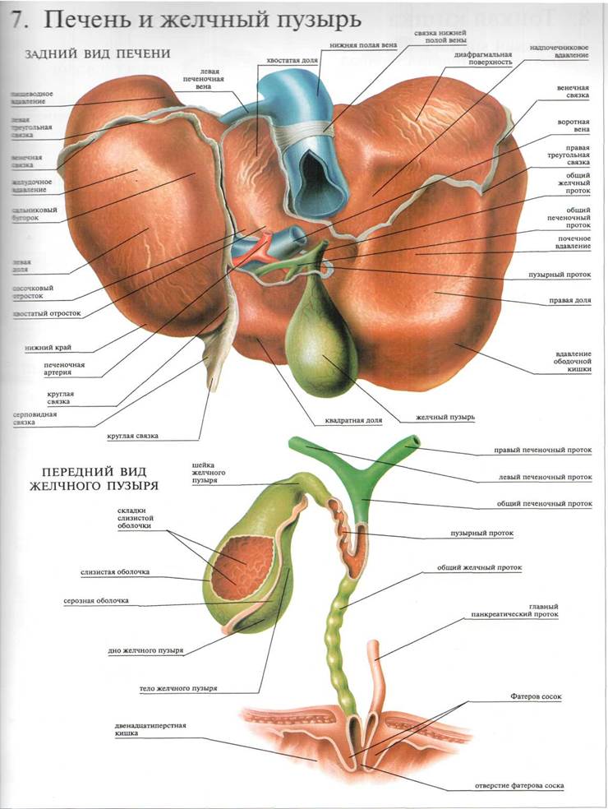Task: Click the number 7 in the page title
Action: click(x=15, y=18)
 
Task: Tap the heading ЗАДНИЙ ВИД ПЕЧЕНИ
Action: click(x=98, y=53)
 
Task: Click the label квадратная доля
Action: click(x=353, y=420)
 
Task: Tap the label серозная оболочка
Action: click(x=96, y=601)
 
